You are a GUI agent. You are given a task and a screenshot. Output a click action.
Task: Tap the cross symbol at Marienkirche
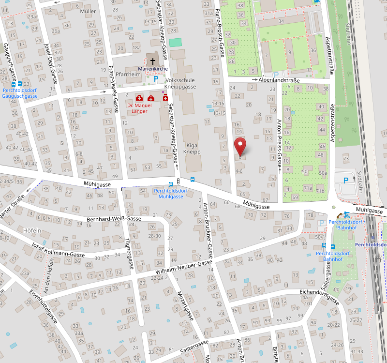point(153,61)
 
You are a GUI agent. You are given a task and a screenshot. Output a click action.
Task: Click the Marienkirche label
point(152,69)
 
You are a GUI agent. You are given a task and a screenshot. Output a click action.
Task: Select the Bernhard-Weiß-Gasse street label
point(114,219)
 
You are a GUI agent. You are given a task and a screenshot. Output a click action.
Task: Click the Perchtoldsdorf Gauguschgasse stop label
point(20,93)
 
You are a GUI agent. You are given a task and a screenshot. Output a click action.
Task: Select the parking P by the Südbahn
point(345,180)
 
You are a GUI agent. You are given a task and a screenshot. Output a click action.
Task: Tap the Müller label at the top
point(88,11)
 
